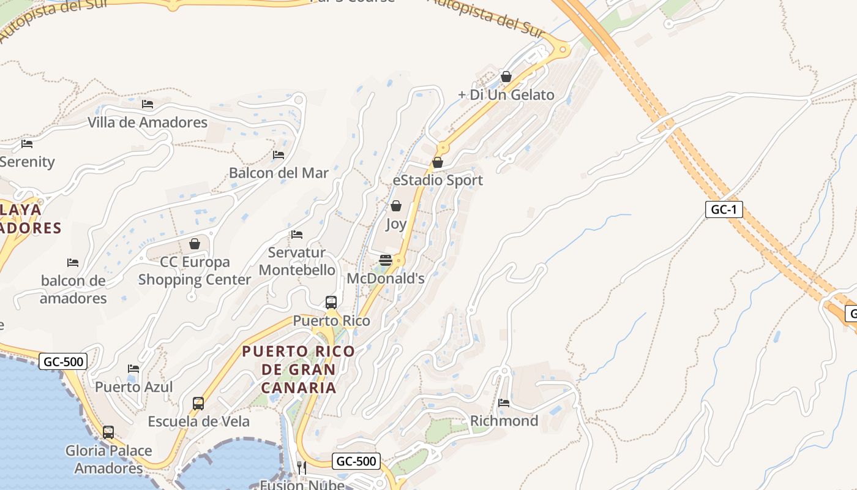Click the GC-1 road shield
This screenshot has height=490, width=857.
[x=724, y=209]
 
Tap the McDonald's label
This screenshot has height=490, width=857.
[x=386, y=279]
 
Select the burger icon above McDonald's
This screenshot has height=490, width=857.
[x=386, y=260]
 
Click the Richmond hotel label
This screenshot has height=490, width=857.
[x=504, y=421]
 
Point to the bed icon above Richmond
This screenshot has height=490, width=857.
[x=504, y=402]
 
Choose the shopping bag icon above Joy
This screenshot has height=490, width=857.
[x=396, y=206]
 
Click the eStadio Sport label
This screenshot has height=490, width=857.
[x=438, y=180]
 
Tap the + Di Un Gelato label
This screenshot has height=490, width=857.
[x=506, y=95]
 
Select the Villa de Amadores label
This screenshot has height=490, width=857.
[x=148, y=122]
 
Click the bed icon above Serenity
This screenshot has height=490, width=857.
[x=27, y=144]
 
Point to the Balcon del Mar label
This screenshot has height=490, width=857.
[x=279, y=173]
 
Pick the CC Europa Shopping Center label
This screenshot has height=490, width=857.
[x=195, y=271]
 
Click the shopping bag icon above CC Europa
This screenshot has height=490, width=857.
[x=195, y=244]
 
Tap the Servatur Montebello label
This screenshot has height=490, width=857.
[x=297, y=261]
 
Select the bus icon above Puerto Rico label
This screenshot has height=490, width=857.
[x=331, y=302]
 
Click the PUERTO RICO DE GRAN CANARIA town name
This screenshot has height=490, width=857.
[x=298, y=369]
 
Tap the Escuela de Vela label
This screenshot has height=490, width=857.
[x=198, y=421]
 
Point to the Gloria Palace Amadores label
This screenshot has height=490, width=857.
[x=108, y=459]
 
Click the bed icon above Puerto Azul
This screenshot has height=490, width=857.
[x=133, y=368]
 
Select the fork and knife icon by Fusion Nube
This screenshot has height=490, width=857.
[x=301, y=467]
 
